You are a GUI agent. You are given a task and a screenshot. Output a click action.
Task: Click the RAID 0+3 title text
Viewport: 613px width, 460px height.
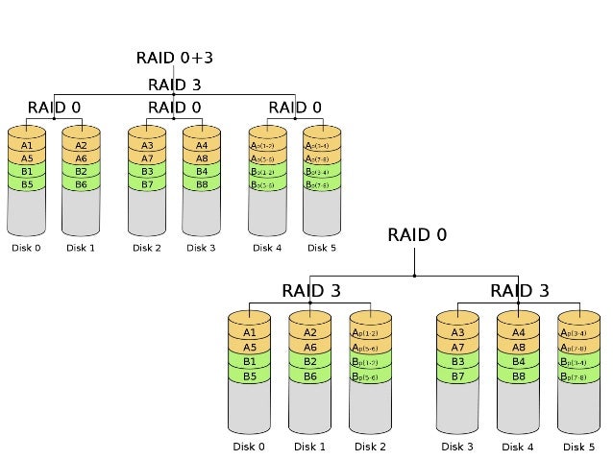coord(174,59)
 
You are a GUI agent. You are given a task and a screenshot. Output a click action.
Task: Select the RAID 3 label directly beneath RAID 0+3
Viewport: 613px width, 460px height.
coord(174,85)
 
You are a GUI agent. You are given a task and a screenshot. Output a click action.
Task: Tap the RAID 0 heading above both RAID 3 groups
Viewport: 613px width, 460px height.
coord(416,234)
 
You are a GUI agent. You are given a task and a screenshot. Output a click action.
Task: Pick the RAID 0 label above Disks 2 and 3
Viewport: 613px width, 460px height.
coord(174,107)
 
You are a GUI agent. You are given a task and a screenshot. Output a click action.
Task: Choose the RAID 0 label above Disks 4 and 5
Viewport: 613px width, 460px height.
coord(295,107)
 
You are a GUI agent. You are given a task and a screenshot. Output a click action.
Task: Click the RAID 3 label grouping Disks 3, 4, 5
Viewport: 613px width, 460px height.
coord(519,290)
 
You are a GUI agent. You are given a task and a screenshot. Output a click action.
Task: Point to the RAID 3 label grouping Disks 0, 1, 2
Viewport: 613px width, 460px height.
coord(310,290)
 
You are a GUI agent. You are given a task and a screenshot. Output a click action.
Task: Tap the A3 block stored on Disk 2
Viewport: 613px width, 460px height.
coord(147,146)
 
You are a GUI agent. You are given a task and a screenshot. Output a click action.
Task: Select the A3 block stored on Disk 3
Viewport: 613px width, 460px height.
coord(456,333)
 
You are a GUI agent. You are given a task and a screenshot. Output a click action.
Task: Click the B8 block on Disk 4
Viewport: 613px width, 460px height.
coord(517,376)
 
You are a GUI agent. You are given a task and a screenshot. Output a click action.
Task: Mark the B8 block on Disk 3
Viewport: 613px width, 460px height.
coord(201,183)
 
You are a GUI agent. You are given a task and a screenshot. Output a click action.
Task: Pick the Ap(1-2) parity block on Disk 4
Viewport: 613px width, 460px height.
coord(267,146)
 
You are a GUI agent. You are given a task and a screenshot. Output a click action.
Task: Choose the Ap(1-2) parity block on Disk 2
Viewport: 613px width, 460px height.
coord(370,333)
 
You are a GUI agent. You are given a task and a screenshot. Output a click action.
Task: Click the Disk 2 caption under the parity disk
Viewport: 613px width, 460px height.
coord(370,447)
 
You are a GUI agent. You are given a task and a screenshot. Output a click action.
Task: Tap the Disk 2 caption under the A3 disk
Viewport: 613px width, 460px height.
coord(147,248)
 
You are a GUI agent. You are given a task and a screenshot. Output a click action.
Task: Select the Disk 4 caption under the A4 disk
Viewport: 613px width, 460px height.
coord(517,447)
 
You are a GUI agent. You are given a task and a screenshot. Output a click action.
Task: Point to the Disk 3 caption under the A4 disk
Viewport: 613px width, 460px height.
coord(201,248)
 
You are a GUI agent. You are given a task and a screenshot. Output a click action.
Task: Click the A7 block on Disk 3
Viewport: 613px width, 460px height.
coord(456,348)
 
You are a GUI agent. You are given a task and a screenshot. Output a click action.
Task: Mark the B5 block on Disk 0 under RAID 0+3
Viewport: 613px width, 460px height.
coord(27,183)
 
